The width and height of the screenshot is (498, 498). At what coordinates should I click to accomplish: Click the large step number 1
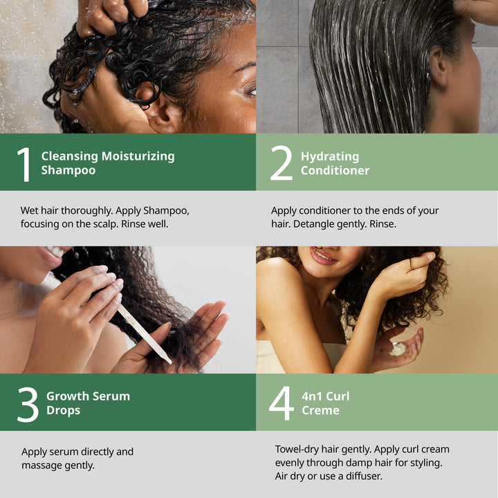[x=24, y=165]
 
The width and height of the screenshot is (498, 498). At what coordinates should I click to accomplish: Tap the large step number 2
[x=281, y=163]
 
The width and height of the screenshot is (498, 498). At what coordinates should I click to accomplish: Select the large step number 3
[x=28, y=405]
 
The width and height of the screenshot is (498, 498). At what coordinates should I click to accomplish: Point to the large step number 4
[x=282, y=403]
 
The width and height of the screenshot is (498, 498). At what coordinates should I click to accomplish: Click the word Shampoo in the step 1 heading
[x=68, y=171]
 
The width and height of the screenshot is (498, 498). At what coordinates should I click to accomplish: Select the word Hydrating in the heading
[x=330, y=156]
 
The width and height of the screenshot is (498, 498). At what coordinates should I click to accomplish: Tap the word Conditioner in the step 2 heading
[x=335, y=171]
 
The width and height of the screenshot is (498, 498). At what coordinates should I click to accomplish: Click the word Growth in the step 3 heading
[x=66, y=396]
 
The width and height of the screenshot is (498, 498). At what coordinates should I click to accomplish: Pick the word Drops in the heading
[x=63, y=411]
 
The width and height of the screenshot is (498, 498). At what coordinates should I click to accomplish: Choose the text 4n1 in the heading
[x=311, y=396]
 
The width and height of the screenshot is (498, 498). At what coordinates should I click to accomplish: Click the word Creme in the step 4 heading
[x=320, y=410]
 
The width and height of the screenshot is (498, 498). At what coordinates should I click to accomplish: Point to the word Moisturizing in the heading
[x=138, y=156]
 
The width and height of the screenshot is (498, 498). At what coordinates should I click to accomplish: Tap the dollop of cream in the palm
[x=398, y=349]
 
